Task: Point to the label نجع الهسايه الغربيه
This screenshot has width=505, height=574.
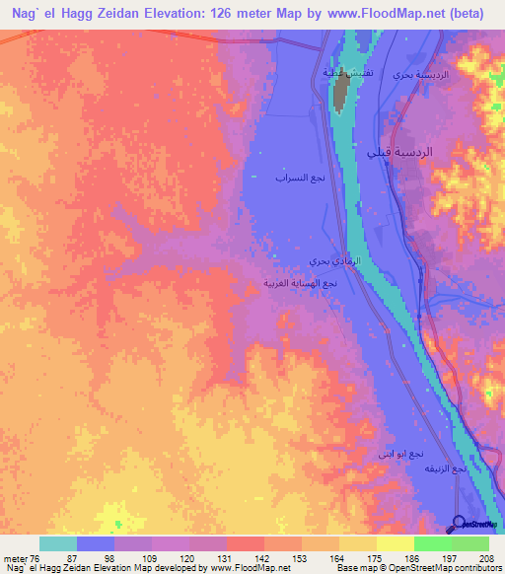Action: [x=305, y=283]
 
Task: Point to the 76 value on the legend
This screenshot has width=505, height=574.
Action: [x=36, y=557]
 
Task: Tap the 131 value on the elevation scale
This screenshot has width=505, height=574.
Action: [x=227, y=557]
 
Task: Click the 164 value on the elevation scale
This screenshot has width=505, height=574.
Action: [x=338, y=557]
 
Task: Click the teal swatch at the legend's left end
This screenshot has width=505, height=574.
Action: [x=57, y=543]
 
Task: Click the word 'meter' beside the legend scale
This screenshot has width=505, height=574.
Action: [x=14, y=557]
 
